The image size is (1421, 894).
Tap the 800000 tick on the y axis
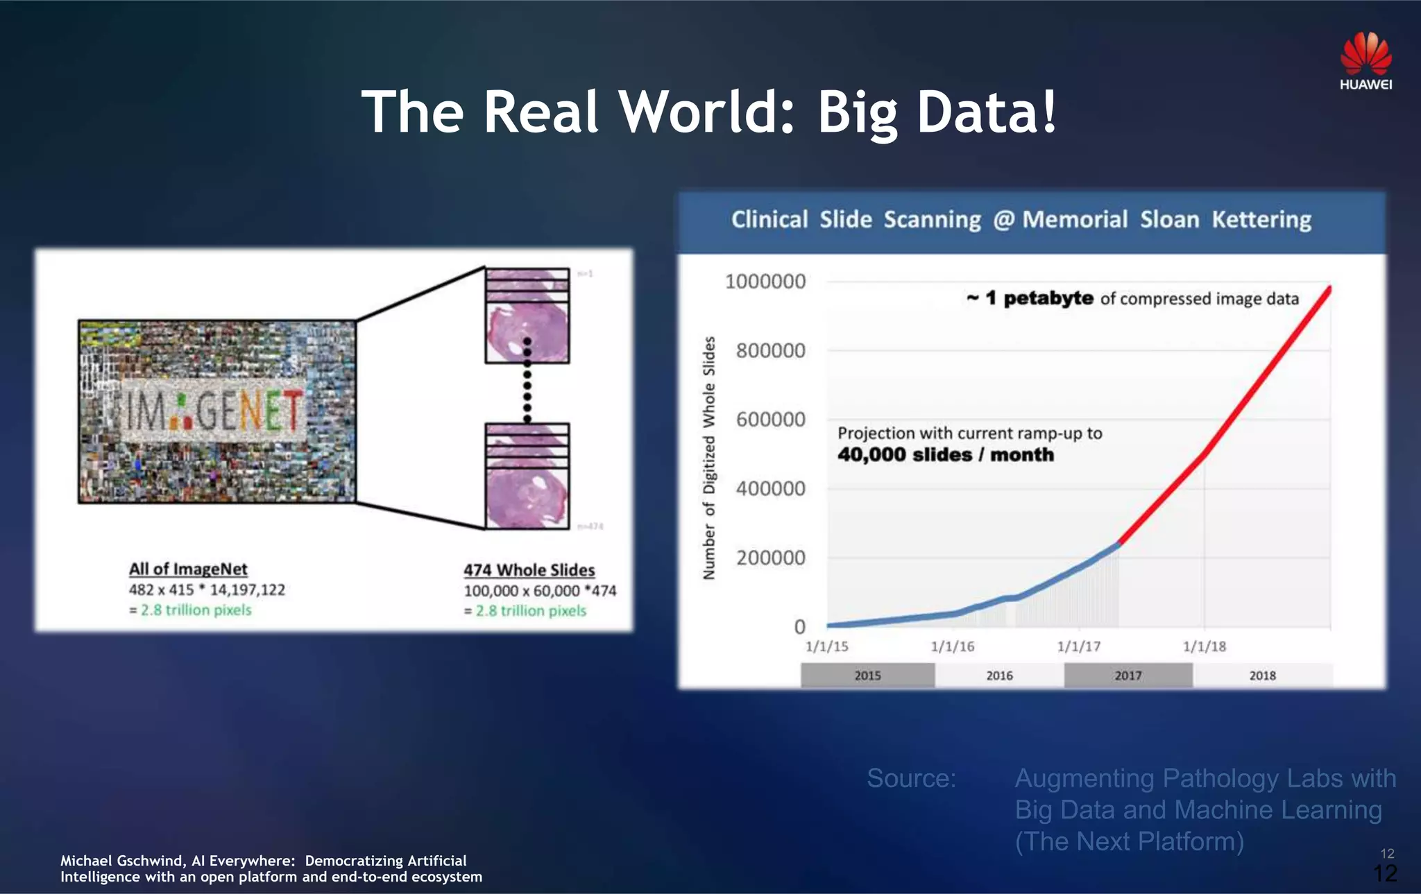click(x=771, y=351)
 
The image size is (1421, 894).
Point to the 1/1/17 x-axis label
click(x=1078, y=646)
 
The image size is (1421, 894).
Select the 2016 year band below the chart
click(x=999, y=676)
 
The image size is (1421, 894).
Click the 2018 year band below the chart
click(x=1262, y=676)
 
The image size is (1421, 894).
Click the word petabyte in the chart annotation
click(x=1048, y=298)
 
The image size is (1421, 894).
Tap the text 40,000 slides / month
click(x=945, y=455)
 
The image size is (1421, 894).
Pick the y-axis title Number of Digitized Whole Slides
click(x=708, y=458)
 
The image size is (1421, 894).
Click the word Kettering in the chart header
click(x=1261, y=220)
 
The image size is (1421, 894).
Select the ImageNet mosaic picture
click(x=217, y=411)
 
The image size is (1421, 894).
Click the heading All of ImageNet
click(x=188, y=569)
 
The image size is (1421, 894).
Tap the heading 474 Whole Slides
click(x=529, y=570)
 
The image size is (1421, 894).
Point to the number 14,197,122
click(x=248, y=590)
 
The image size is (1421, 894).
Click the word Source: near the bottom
click(x=911, y=778)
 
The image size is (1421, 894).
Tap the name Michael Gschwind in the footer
click(x=121, y=861)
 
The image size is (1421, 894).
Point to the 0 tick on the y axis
click(x=799, y=627)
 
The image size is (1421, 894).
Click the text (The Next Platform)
click(x=1129, y=841)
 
